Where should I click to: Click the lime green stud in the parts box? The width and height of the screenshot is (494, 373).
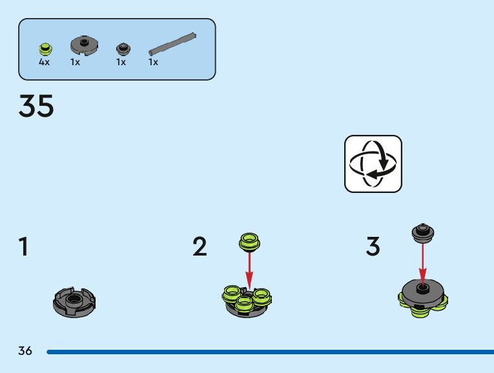[x=45, y=48]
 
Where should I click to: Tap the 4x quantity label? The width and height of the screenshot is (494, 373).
[x=44, y=63]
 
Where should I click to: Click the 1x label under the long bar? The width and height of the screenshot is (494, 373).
[x=153, y=63]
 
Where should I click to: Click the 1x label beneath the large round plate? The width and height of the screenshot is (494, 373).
[x=76, y=63]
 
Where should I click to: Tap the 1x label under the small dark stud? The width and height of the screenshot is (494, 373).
[x=121, y=63]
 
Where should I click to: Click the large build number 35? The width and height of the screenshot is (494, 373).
[x=37, y=106]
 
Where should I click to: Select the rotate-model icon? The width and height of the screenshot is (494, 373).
[x=373, y=163]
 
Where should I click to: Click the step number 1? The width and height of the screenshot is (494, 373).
[x=23, y=247]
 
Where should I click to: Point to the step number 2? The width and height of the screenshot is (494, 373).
[x=200, y=247]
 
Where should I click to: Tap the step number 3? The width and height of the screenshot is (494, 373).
[x=373, y=247]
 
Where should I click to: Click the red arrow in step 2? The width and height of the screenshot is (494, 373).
[x=250, y=271]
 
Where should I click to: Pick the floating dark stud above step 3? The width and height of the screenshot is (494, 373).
[x=422, y=232]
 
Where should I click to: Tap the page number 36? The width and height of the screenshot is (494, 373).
[x=25, y=352]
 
